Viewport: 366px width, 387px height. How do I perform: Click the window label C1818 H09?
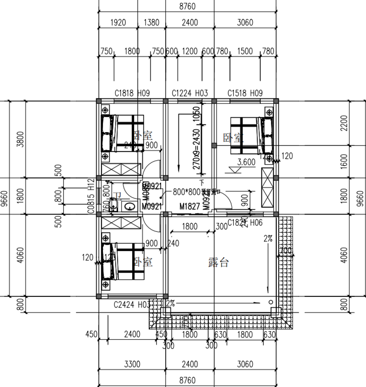132,93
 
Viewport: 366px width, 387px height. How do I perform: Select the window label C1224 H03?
189,93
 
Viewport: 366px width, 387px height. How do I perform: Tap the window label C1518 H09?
245,93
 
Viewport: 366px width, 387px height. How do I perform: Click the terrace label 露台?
218,263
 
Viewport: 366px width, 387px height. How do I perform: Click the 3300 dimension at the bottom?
132,365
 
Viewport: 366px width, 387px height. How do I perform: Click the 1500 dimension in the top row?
245,52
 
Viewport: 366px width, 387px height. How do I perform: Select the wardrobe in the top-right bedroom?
266,188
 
